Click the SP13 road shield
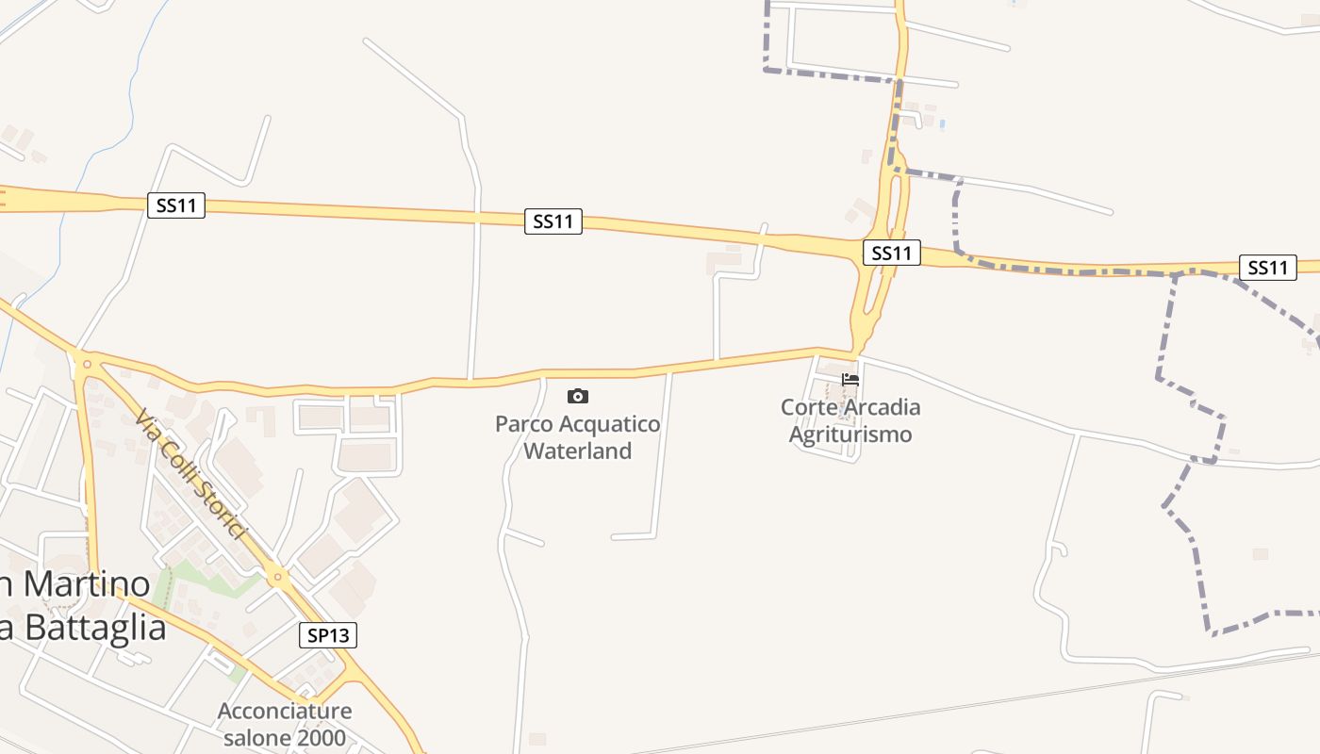coord(328,635)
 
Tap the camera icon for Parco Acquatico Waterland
coord(578,397)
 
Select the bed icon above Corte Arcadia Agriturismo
coord(850,380)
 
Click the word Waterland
coord(577,451)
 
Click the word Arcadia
coord(882,408)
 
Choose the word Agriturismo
coord(850,434)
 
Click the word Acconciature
coord(285,712)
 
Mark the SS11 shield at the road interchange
coord(891,253)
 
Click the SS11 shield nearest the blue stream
coord(176,205)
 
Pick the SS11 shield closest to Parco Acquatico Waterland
coord(553,221)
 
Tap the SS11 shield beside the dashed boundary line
coord(1267,268)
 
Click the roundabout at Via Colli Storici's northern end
coord(87,364)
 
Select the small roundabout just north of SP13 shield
coord(278,576)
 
